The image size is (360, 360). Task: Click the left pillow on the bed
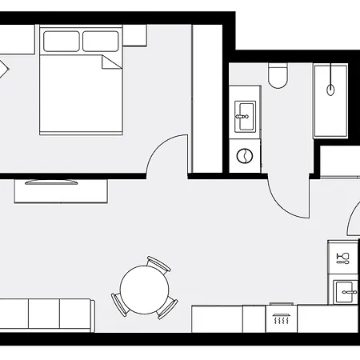(61, 41)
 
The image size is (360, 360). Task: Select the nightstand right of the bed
(134, 35)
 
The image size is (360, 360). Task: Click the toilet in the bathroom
(278, 75)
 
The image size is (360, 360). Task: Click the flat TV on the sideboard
(52, 182)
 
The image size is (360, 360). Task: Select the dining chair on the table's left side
(118, 302)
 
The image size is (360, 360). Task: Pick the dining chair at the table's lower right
(168, 308)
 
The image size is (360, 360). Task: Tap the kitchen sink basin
(346, 290)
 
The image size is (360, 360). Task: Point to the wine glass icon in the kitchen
(343, 257)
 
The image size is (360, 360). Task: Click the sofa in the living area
(46, 314)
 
